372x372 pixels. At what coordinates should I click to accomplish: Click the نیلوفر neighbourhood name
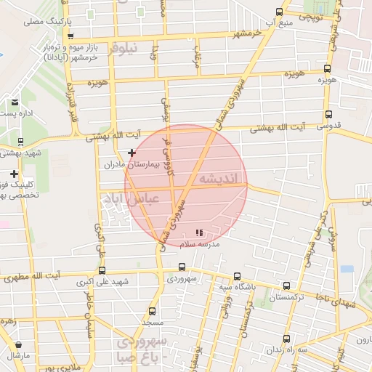click(x=122, y=49)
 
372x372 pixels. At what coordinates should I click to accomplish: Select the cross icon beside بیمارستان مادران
click(x=132, y=153)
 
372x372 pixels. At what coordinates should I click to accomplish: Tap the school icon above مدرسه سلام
click(x=199, y=233)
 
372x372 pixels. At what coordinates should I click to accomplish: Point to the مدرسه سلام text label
click(x=200, y=245)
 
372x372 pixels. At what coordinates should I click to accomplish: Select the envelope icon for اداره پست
click(x=15, y=102)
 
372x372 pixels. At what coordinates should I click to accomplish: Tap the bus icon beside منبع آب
click(x=280, y=11)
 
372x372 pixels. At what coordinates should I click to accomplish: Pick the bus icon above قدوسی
click(x=328, y=114)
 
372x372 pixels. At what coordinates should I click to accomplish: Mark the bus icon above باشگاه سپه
click(x=238, y=276)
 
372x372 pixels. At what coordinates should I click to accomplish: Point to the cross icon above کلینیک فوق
click(x=15, y=174)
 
